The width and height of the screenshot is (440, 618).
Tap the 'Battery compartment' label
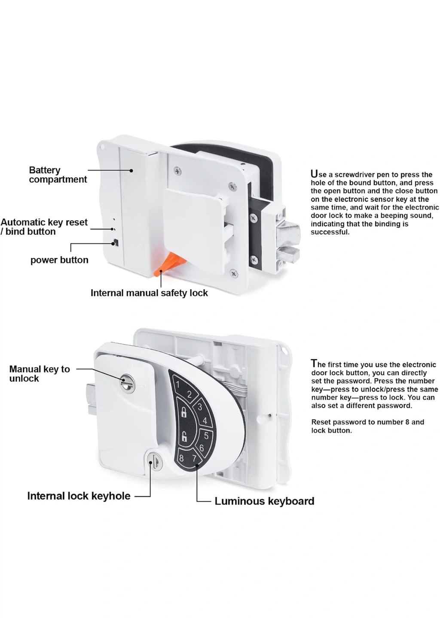(x=58, y=175)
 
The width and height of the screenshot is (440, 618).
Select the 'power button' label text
(x=59, y=260)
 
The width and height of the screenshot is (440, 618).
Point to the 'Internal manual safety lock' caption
(x=149, y=293)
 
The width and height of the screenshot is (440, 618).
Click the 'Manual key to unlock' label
(x=39, y=374)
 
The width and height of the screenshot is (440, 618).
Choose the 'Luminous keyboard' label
(x=264, y=501)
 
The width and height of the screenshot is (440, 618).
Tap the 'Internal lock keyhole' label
(x=79, y=496)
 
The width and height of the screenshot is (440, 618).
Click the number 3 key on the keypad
(x=199, y=407)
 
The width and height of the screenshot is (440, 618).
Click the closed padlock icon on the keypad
(x=184, y=413)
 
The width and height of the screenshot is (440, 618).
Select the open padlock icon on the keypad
(x=183, y=437)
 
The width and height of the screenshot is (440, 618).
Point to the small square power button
(x=115, y=243)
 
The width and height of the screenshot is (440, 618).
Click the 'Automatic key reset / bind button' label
(x=44, y=227)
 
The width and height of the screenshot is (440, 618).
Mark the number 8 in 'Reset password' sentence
(x=407, y=422)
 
